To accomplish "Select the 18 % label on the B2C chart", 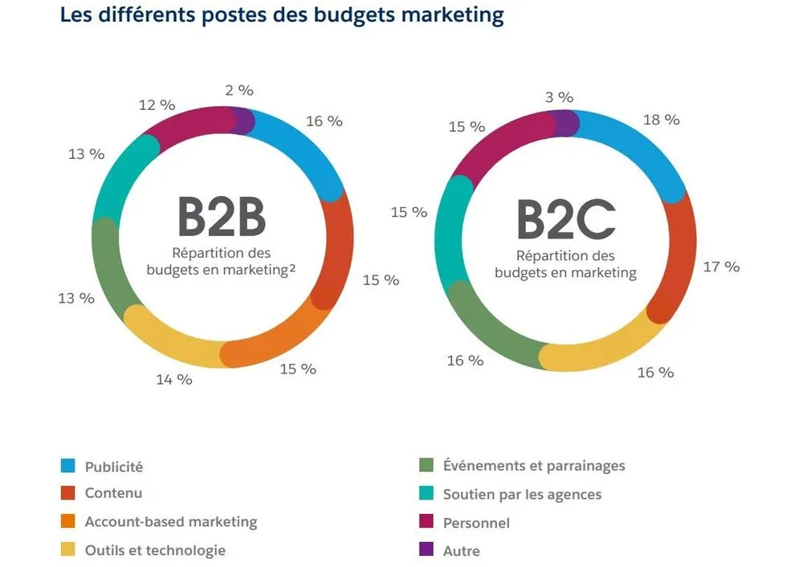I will [x=661, y=120].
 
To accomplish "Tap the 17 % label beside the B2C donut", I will [x=721, y=267].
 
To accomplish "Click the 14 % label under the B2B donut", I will [x=174, y=379].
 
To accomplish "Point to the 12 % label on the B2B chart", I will [x=157, y=104].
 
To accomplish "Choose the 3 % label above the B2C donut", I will [x=559, y=97].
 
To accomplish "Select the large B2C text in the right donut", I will [x=565, y=218].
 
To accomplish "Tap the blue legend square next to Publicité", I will [x=68, y=466].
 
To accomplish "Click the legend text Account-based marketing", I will [x=171, y=522].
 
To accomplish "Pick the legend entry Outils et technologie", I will [x=155, y=550].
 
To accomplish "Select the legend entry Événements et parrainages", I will [x=534, y=466].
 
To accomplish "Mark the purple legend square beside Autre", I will [x=427, y=550].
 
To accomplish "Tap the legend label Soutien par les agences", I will [x=522, y=494].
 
